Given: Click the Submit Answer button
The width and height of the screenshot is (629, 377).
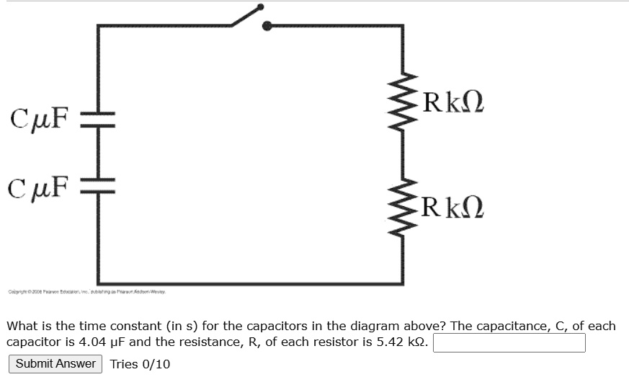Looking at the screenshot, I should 55,363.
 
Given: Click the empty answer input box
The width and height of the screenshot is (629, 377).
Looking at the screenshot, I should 509,343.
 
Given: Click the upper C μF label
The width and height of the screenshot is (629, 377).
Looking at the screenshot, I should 40,115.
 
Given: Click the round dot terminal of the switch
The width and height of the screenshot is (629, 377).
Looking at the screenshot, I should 267,27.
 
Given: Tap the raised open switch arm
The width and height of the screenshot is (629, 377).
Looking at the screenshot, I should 246,16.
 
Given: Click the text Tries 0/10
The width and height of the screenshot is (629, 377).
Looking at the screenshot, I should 140,363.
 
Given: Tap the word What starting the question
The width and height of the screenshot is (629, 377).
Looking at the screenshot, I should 22,326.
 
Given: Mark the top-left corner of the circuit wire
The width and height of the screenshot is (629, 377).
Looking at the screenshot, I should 98,27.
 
